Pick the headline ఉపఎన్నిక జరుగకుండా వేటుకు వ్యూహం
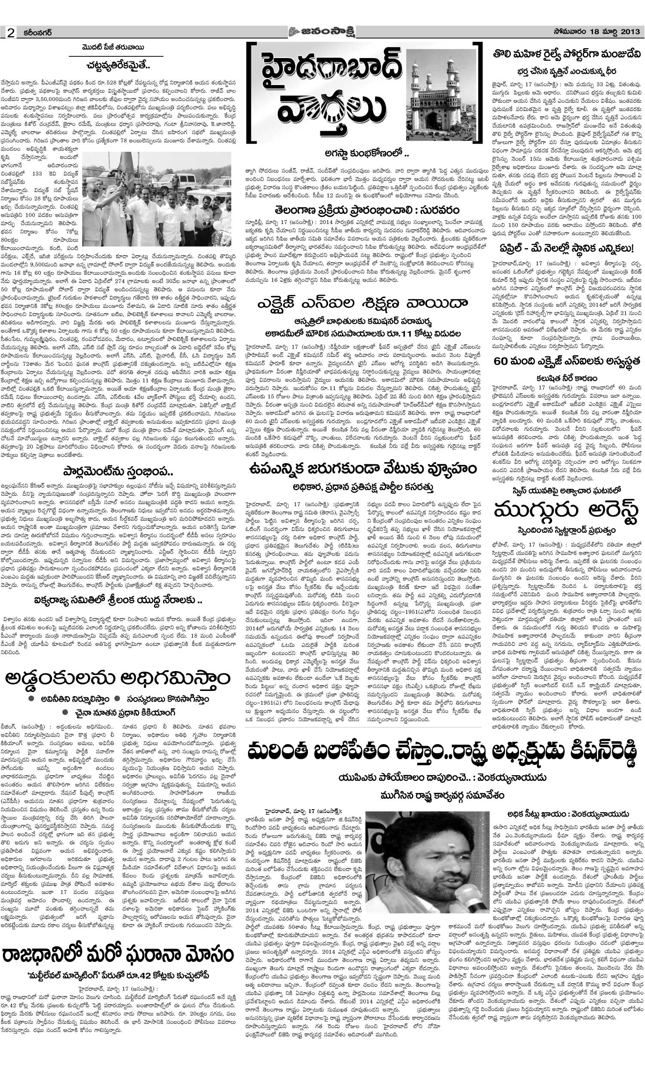click(x=361, y=469)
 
